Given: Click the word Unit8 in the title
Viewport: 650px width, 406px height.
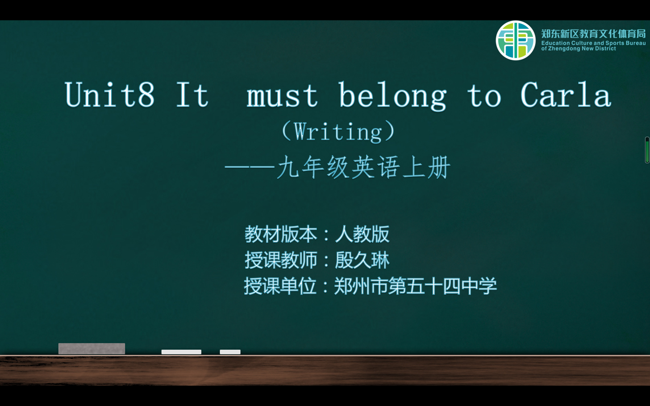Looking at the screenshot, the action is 109,95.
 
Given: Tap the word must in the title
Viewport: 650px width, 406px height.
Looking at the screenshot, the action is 282,96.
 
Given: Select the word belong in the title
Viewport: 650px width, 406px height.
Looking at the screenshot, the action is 393,96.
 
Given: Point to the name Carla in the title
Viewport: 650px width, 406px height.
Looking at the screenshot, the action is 566,95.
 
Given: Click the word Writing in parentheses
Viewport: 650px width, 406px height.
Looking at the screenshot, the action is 338,132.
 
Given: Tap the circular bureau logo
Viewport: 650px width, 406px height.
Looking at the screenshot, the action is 515,40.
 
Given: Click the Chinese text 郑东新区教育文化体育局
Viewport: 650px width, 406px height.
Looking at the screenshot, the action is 594,34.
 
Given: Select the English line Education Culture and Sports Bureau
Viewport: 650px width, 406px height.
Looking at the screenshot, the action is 594,43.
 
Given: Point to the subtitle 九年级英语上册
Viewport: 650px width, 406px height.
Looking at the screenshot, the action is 364,167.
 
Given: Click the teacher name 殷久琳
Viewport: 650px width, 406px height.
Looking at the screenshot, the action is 362,260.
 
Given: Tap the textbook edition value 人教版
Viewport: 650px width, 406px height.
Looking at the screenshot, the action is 362,234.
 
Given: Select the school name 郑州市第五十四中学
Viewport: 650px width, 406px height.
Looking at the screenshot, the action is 416,286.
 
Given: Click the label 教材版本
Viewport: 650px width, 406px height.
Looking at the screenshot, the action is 281,234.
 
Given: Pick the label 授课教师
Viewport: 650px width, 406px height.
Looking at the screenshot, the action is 281,260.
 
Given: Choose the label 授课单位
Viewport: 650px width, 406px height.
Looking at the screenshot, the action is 280,286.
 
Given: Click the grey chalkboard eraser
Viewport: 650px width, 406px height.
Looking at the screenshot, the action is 92,349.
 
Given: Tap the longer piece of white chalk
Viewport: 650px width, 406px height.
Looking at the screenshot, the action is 181,352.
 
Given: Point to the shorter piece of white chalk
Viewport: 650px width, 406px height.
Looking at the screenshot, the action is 230,352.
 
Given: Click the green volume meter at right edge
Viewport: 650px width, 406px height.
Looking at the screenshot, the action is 647,150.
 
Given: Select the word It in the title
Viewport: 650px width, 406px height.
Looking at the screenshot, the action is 192,95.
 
